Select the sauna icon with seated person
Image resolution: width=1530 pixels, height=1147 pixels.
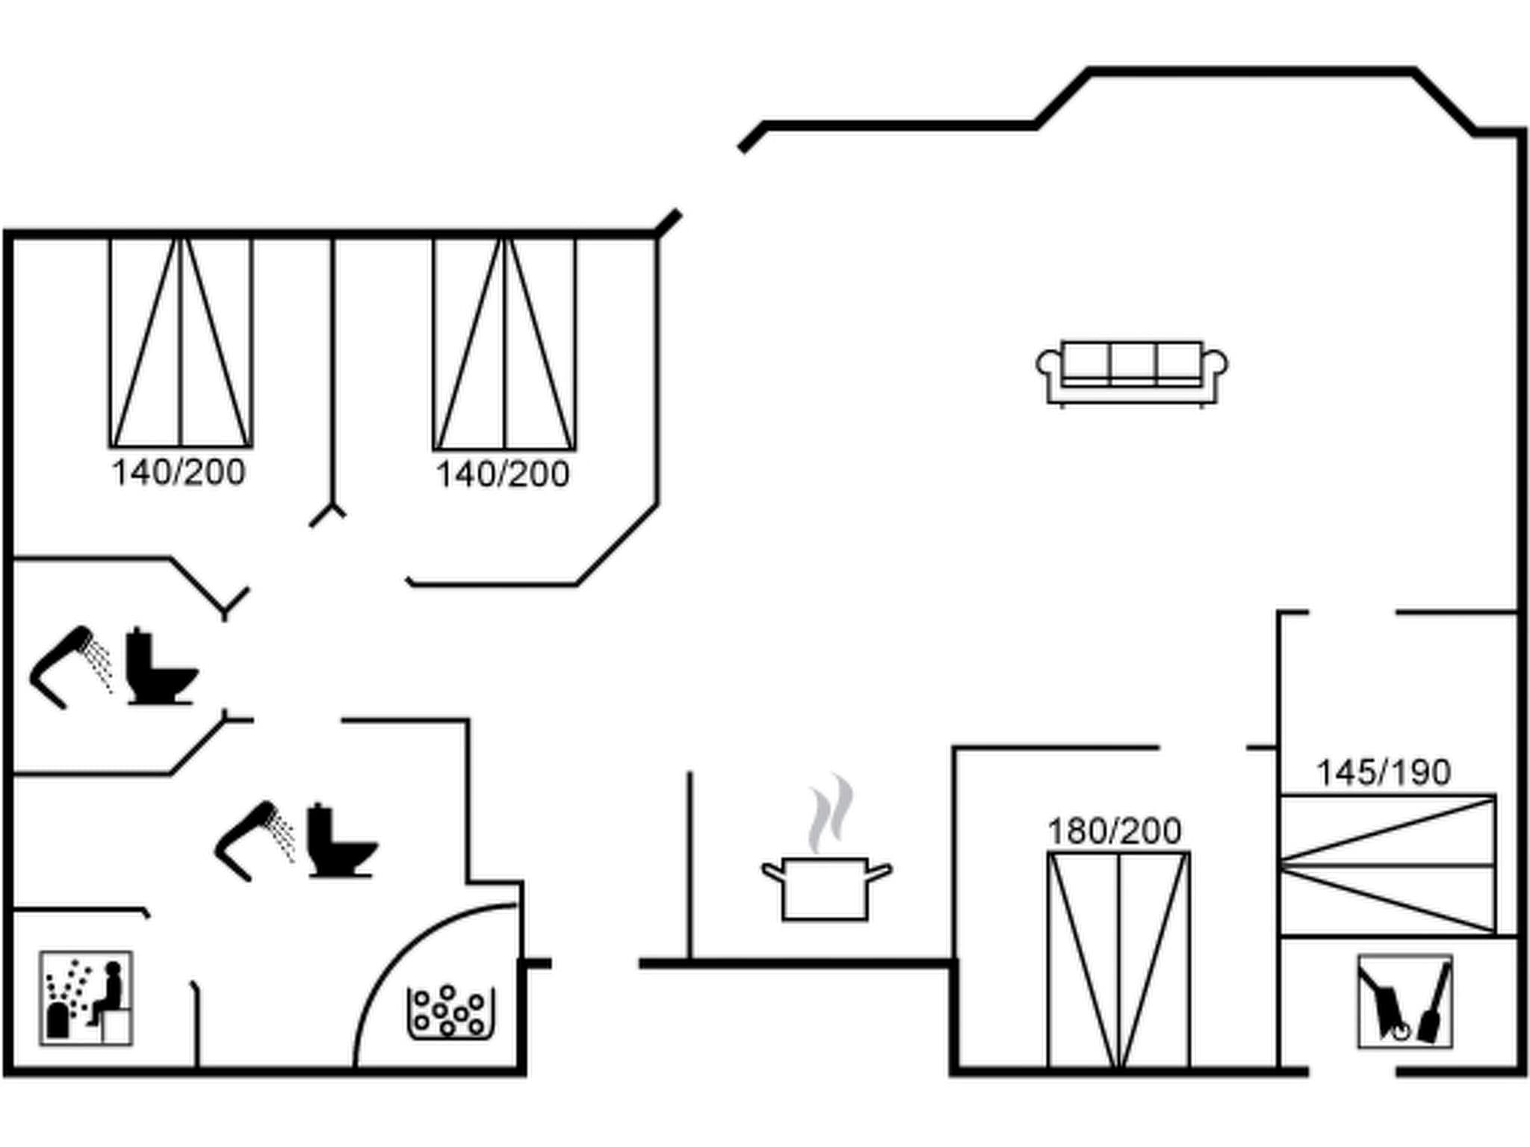tap(86, 998)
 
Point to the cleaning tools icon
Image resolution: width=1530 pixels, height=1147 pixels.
tap(1404, 1001)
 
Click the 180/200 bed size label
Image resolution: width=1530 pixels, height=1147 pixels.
tap(1114, 831)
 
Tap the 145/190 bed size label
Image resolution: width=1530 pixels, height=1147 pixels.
tap(1383, 772)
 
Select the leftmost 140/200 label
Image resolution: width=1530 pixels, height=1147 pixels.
tap(178, 473)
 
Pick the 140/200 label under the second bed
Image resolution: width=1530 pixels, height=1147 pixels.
tap(502, 474)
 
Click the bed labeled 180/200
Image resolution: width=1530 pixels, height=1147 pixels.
tap(1118, 960)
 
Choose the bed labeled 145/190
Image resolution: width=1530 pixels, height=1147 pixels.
tap(1387, 864)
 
